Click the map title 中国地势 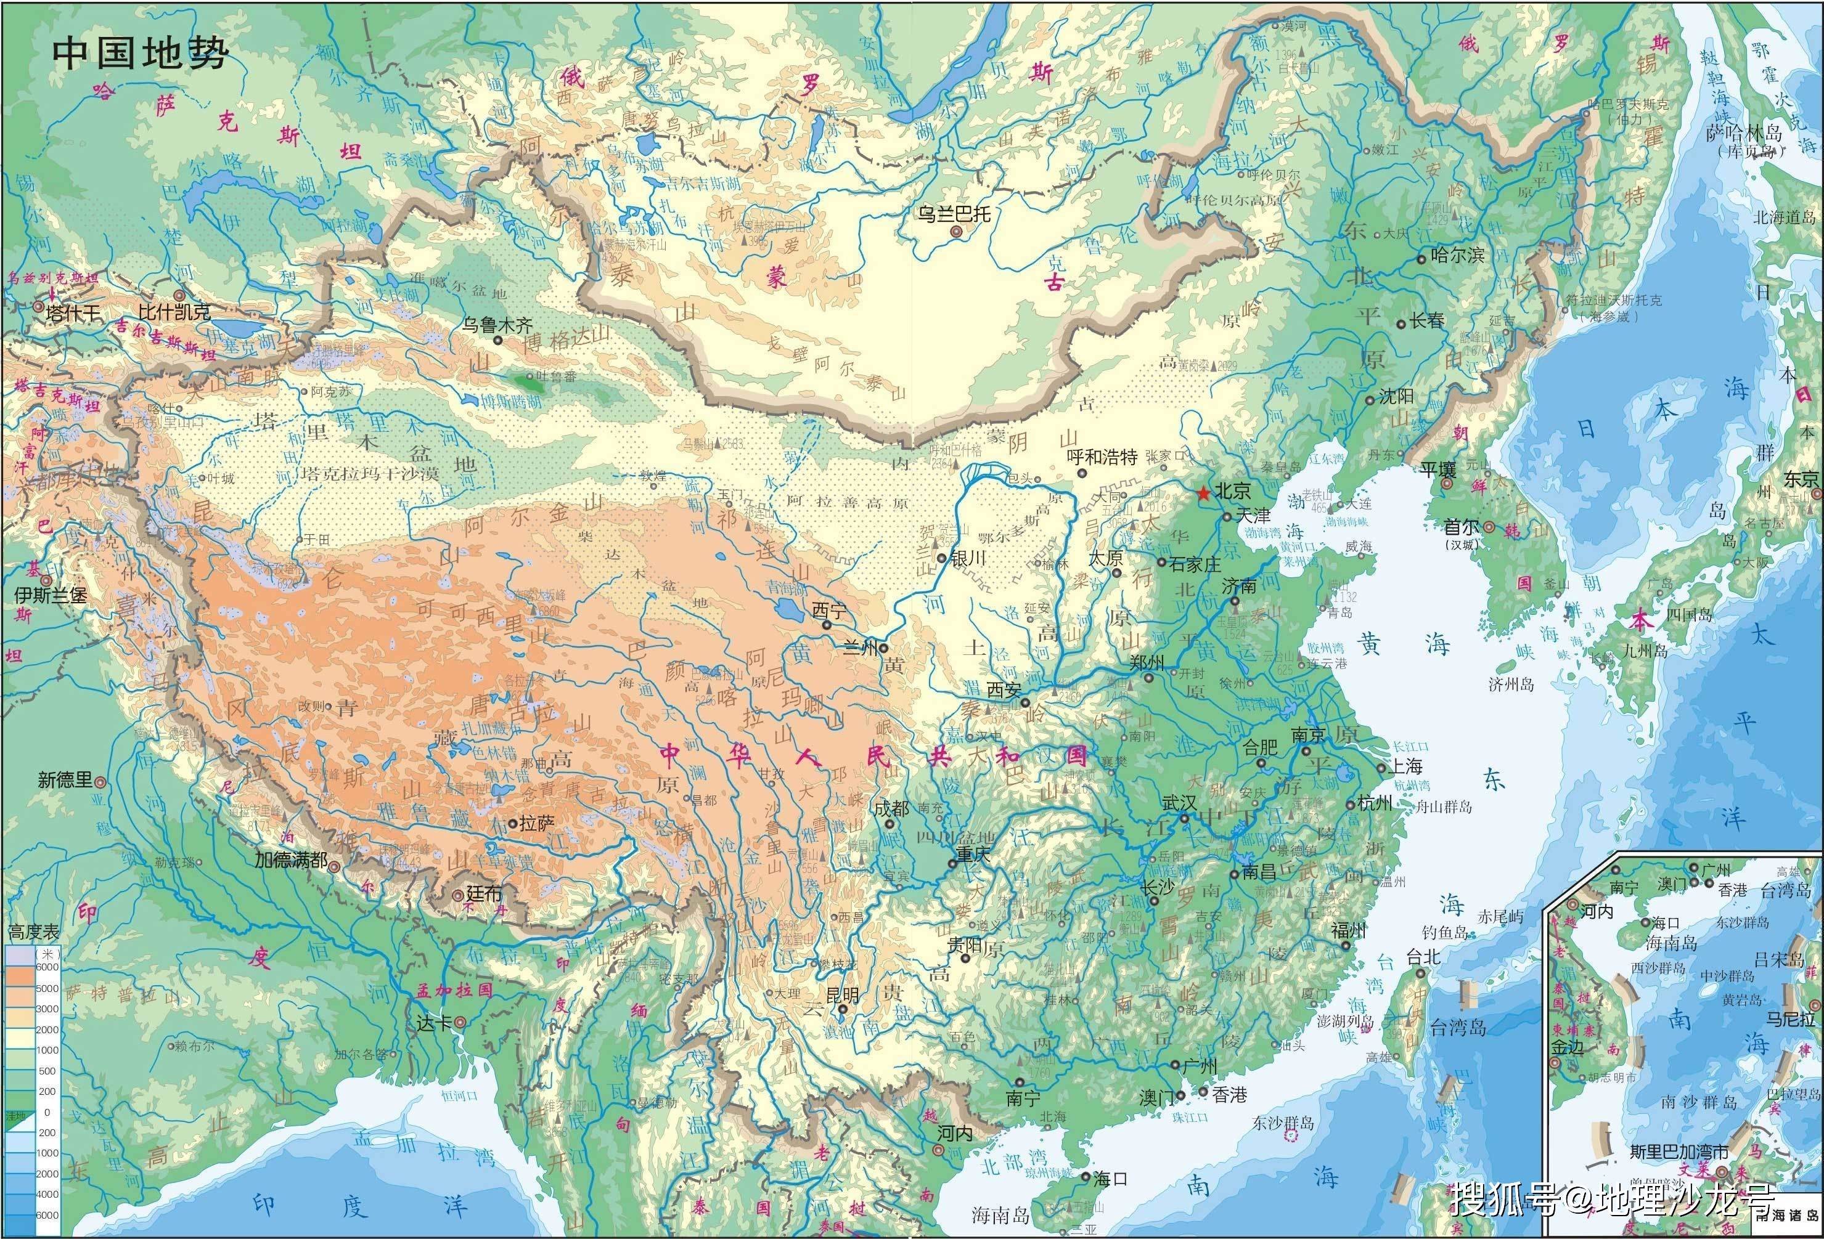click(x=140, y=54)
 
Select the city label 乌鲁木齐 click(x=497, y=324)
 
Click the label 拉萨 click(x=538, y=823)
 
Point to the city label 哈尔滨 click(x=1457, y=255)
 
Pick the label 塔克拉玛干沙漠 click(x=357, y=474)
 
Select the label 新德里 click(x=65, y=780)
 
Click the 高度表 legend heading click(x=33, y=933)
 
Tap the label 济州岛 click(x=1511, y=684)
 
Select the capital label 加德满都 click(x=290, y=860)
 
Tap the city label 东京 click(x=1801, y=479)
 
